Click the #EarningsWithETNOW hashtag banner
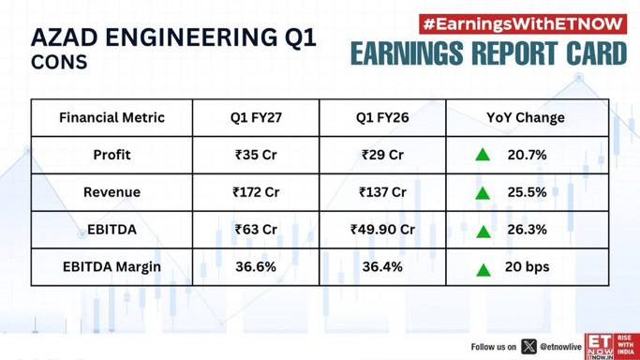[523, 24]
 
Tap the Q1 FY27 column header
[256, 117]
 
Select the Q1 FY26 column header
[382, 117]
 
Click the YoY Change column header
[526, 117]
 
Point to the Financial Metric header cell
[112, 117]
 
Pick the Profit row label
[112, 155]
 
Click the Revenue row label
[112, 192]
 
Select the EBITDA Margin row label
[112, 267]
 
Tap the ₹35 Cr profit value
[256, 155]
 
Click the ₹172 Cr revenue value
[256, 192]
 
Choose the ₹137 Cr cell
[382, 192]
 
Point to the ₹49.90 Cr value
[382, 230]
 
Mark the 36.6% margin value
[256, 267]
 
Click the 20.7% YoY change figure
[527, 155]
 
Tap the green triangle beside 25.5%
[483, 193]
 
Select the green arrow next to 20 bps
[484, 270]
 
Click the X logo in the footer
[529, 347]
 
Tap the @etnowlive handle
[560, 347]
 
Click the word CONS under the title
[59, 62]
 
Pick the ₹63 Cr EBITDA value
[256, 230]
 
